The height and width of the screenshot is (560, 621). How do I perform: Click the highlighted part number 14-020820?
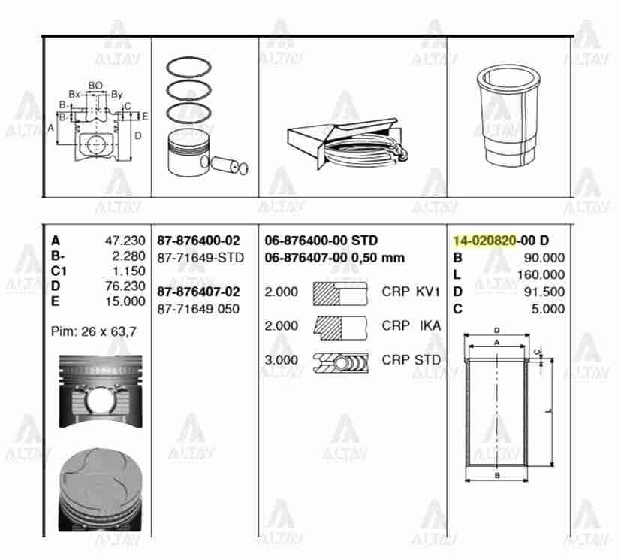coord(484,241)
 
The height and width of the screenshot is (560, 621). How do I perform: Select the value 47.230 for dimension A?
coord(125,241)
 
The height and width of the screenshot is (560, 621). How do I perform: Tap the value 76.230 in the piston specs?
coord(125,286)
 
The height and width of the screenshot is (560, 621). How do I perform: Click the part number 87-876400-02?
coord(198,241)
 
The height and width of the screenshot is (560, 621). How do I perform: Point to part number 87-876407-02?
coord(198,292)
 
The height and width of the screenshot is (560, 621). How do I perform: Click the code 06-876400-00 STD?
coord(321,241)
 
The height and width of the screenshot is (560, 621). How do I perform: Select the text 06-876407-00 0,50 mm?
coord(335,258)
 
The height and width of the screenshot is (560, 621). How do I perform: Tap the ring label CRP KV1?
coord(411,292)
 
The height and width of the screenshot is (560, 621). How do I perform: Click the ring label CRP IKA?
coord(411,326)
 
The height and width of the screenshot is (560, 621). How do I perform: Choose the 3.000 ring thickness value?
coord(281,360)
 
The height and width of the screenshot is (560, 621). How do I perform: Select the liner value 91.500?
coord(545,292)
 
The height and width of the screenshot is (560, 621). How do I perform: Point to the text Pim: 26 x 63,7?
coord(94,331)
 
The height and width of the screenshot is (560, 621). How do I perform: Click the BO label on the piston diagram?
coord(95,86)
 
